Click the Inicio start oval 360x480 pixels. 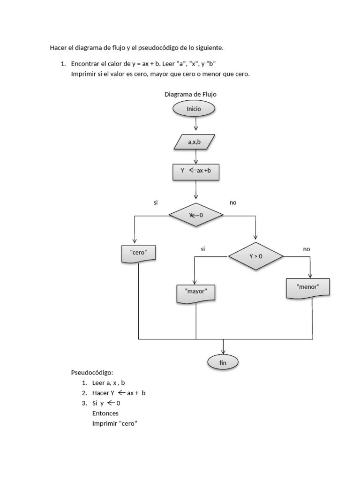pyautogui.click(x=194, y=109)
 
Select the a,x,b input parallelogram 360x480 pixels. pyautogui.click(x=194, y=142)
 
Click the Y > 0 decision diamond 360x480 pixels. pyautogui.click(x=256, y=256)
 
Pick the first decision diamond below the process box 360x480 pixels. pyautogui.click(x=196, y=215)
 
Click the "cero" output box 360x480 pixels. pyautogui.click(x=138, y=253)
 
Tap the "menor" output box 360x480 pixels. pyautogui.click(x=308, y=287)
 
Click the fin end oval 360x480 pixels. pyautogui.click(x=223, y=362)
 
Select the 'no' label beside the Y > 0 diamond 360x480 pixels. pyautogui.click(x=307, y=249)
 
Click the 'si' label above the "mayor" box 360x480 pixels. pyautogui.click(x=203, y=249)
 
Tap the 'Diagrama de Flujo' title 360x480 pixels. pyautogui.click(x=190, y=94)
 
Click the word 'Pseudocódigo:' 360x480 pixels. pyautogui.click(x=92, y=373)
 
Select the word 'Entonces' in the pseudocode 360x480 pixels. pyautogui.click(x=105, y=413)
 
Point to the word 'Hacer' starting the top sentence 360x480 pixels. pyautogui.click(x=59, y=47)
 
